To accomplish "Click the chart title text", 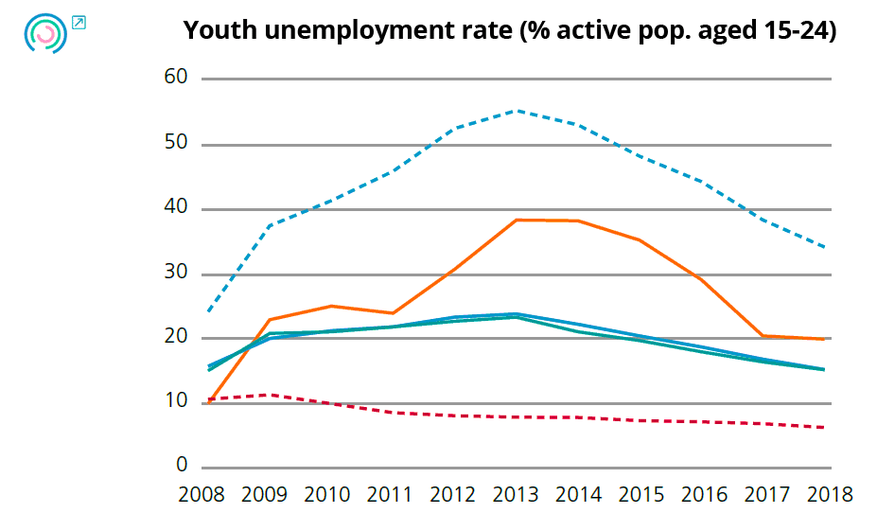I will click(510, 31).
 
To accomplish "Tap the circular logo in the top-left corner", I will click(45, 32).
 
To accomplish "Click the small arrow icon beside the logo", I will click(79, 22).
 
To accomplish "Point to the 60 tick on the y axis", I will click(176, 78).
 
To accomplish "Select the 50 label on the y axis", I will click(176, 143).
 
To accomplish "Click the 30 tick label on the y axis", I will click(176, 273).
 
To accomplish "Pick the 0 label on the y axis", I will click(183, 467).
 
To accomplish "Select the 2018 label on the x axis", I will click(830, 494).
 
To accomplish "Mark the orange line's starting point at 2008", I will click(208, 402).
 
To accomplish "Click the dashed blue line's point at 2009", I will click(271, 225).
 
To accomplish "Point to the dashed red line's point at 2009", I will click(271, 394).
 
